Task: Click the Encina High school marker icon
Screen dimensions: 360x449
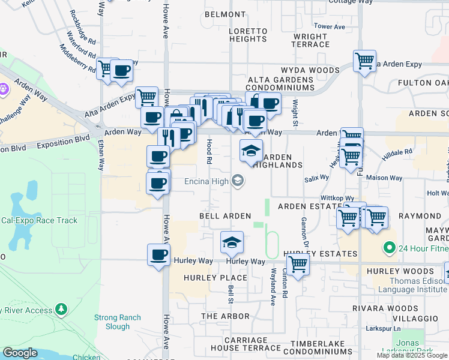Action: [x=238, y=180]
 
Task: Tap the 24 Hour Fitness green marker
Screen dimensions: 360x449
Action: [x=389, y=247]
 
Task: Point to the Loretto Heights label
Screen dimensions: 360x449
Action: [x=248, y=35]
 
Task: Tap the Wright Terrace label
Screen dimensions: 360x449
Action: [x=311, y=40]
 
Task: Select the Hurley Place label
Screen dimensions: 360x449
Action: [x=207, y=278]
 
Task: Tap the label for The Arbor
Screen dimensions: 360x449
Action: [x=225, y=316]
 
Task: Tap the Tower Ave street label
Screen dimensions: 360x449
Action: [x=330, y=27]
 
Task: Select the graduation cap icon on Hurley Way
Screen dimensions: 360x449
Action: [x=232, y=242]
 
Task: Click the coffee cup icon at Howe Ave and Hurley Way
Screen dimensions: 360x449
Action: [x=158, y=254]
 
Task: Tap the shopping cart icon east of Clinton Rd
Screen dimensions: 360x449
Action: [x=298, y=263]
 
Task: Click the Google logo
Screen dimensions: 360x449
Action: [x=20, y=353]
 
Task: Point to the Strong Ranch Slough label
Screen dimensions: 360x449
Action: [x=117, y=322]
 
